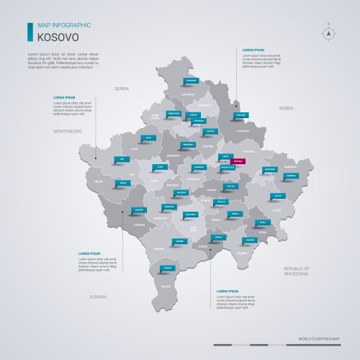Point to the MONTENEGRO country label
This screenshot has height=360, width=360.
[64, 131]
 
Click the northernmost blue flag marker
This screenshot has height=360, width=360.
[190, 81]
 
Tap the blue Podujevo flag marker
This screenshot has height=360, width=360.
[241, 114]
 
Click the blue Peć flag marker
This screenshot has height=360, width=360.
[122, 158]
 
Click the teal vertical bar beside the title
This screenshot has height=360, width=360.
[30, 31]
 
